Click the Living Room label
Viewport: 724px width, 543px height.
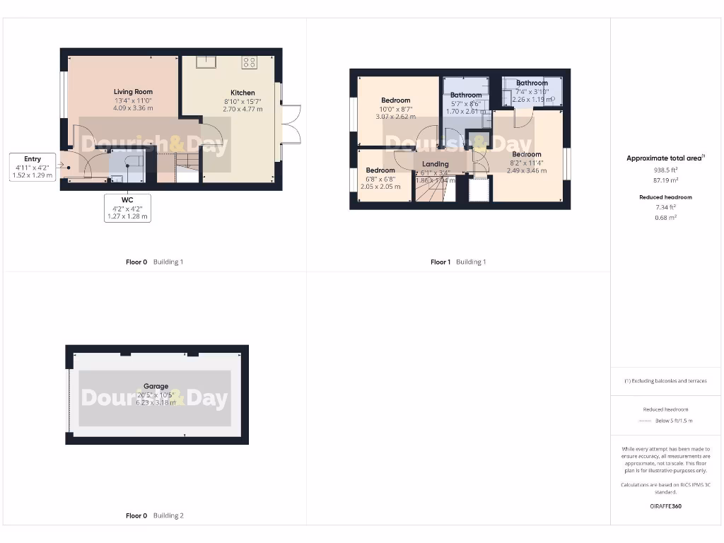[133, 92]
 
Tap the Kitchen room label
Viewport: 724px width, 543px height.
[243, 93]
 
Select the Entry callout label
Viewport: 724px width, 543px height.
[33, 159]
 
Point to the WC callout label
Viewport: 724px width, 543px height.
[127, 200]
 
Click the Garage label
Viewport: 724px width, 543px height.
[157, 387]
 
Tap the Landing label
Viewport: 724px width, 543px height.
[436, 164]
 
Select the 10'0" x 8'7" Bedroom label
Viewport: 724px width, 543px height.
[395, 100]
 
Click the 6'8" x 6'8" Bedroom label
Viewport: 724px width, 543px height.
[380, 170]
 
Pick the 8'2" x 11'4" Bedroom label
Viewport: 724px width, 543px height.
[527, 154]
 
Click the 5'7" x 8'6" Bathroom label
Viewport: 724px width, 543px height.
[466, 95]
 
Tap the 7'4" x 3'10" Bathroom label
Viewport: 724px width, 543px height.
[532, 83]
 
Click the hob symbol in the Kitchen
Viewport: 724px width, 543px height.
[249, 62]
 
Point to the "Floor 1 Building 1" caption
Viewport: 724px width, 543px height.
[458, 262]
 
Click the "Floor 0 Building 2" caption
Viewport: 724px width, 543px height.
[154, 515]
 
